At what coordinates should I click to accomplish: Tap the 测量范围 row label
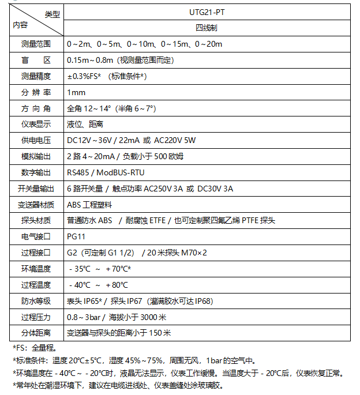(x=36, y=44)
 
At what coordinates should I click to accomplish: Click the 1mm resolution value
(x=76, y=92)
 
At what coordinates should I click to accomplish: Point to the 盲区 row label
(x=36, y=60)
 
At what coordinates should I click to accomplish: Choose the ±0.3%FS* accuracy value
(x=106, y=76)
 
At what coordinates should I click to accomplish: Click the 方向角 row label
(x=36, y=108)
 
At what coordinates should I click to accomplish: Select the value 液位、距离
(x=85, y=125)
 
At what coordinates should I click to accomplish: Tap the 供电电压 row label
(x=36, y=141)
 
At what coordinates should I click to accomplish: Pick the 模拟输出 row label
(x=36, y=157)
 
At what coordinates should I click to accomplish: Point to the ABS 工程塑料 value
(x=89, y=205)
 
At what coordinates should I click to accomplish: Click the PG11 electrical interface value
(x=76, y=236)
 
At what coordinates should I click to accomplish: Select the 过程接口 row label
(x=36, y=253)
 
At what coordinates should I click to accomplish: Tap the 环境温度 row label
(x=36, y=269)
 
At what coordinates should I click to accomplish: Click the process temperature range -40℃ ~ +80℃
(x=98, y=285)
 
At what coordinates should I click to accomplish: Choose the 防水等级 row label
(x=36, y=301)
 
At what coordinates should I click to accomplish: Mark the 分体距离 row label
(x=36, y=333)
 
